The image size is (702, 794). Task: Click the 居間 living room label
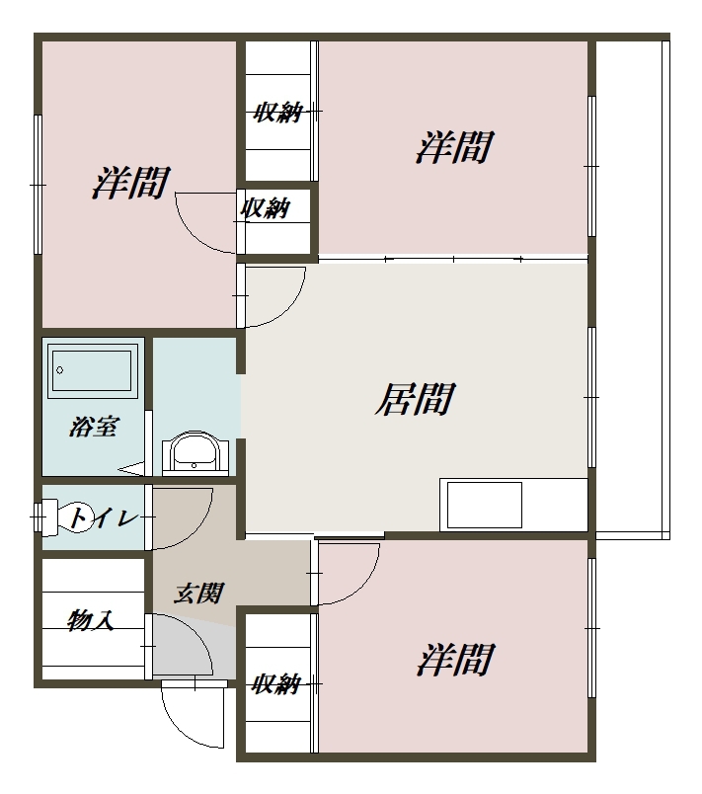coord(415,399)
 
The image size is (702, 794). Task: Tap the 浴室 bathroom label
coord(94,427)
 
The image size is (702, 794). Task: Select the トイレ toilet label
coord(104,517)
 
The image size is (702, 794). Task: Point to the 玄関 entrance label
coord(198,593)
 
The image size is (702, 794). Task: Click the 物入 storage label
coord(91,620)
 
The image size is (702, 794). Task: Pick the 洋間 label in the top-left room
coord(130,183)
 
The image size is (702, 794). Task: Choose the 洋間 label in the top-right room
coord(454,147)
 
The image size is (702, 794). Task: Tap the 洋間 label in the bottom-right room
coord(455,660)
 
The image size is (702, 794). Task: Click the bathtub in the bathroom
coord(92,370)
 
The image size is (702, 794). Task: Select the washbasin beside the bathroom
coord(195,453)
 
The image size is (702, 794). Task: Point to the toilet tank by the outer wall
coord(45,517)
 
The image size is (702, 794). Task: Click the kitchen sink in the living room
coord(485,505)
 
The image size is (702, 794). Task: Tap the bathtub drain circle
coord(59,370)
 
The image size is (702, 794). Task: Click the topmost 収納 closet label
coord(278,112)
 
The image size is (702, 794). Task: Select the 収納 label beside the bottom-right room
coord(276,684)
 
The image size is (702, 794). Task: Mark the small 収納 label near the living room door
coord(265,207)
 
